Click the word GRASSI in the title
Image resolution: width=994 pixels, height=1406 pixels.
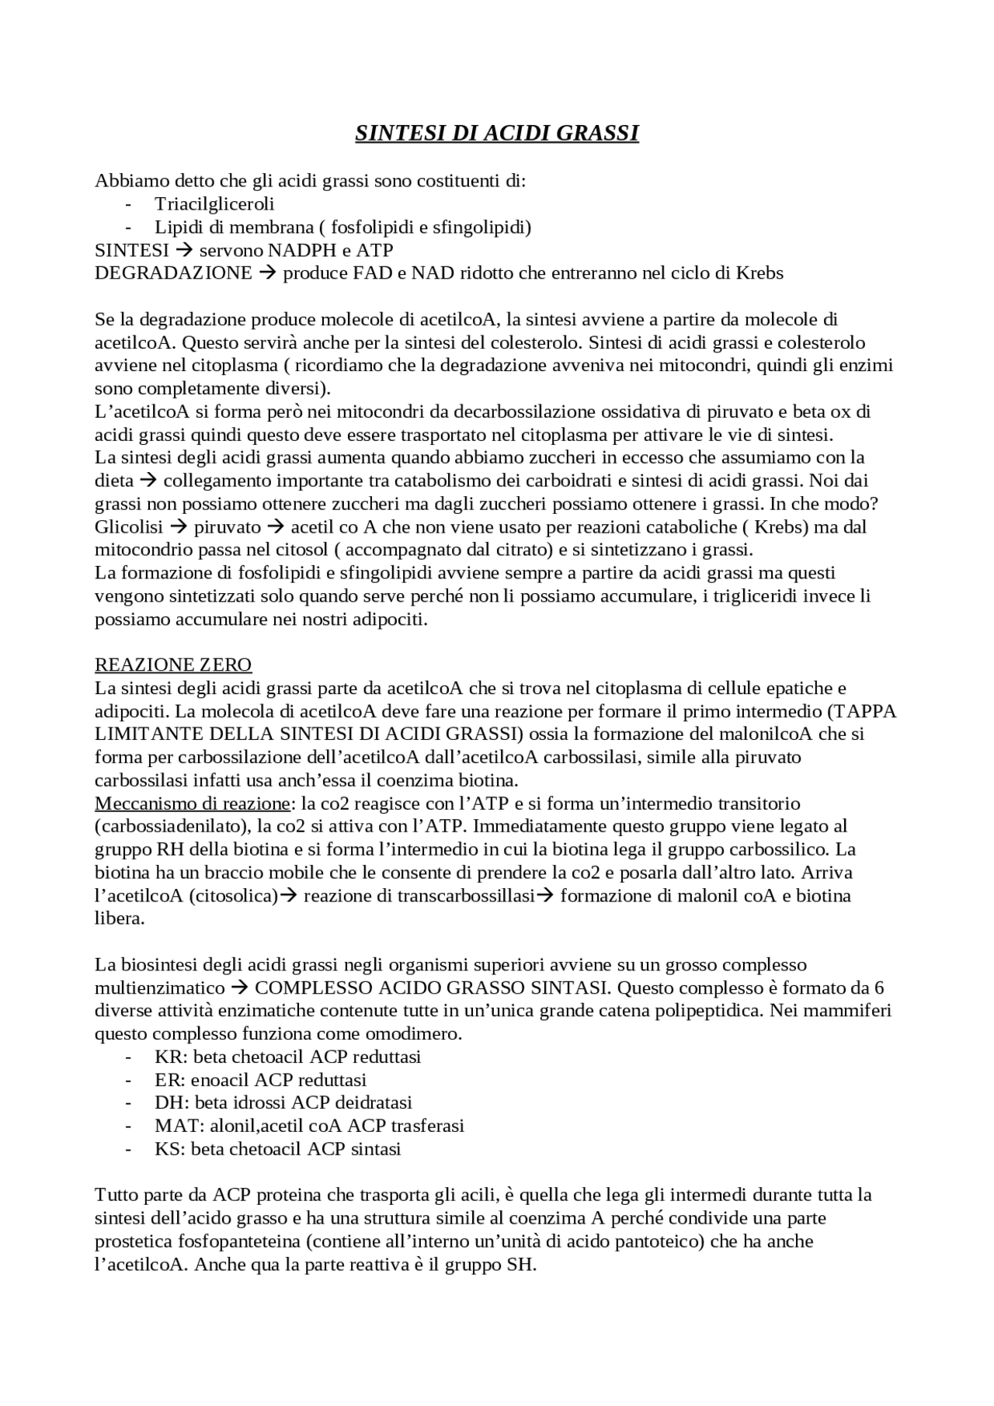tap(597, 134)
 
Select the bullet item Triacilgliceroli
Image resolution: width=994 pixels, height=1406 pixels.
tap(214, 204)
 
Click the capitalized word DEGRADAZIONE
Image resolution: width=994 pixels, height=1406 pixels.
tap(173, 273)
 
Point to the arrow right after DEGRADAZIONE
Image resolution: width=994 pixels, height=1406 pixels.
tap(267, 273)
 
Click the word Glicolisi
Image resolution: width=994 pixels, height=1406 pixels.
tap(129, 527)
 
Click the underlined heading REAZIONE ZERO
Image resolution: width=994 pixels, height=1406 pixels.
tap(173, 665)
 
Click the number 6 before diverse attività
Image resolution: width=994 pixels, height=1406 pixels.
tap(879, 988)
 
